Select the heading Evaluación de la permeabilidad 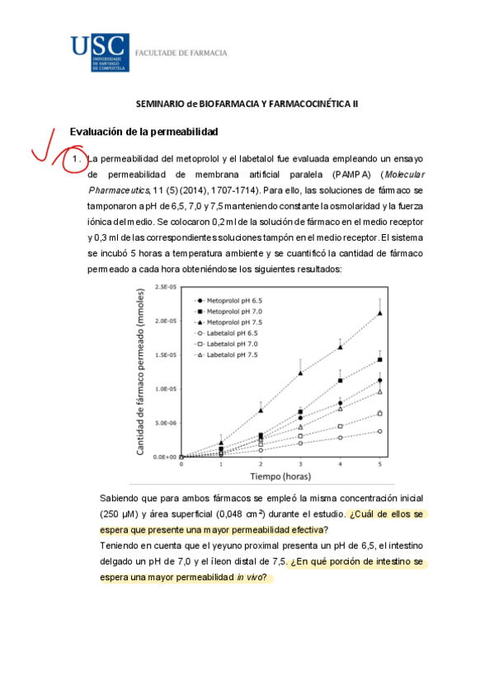[x=143, y=132]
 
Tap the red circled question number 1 [x=75, y=157]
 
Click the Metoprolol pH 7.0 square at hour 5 [x=379, y=359]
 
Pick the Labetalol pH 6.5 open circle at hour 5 [x=379, y=431]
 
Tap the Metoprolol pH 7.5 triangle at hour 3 [x=300, y=373]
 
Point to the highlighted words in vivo [x=251, y=577]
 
